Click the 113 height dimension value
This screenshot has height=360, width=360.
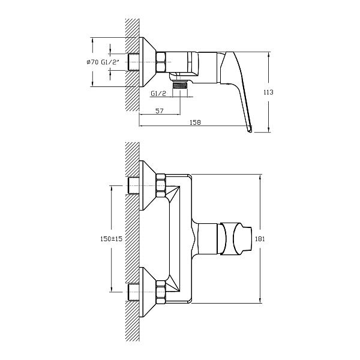tap(268, 92)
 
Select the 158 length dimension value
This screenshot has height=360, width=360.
tap(195, 122)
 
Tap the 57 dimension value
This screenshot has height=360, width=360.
tap(160, 111)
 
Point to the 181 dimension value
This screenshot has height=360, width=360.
tap(260, 239)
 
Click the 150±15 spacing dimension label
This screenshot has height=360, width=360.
tap(112, 239)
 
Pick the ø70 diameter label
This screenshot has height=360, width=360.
tap(92, 62)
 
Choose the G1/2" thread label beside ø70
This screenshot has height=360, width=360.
tap(110, 62)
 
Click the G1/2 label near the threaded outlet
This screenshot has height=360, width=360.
tap(158, 94)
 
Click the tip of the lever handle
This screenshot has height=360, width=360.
tap(250, 131)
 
